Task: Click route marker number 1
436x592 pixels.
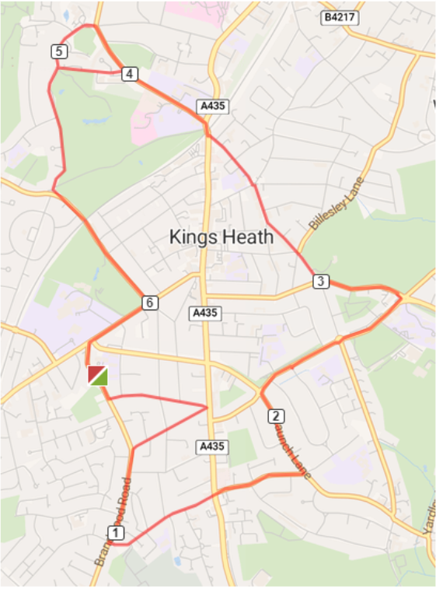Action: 116,533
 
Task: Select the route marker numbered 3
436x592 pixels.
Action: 320,281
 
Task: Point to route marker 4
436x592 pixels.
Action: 129,74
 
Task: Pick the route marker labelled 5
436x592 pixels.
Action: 60,52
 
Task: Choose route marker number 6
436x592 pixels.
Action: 149,303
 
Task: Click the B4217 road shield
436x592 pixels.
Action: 340,16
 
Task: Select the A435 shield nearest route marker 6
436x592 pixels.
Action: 207,313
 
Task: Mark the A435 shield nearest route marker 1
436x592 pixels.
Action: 211,447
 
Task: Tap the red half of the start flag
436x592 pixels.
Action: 94,373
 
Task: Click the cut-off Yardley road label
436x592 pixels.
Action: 429,517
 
